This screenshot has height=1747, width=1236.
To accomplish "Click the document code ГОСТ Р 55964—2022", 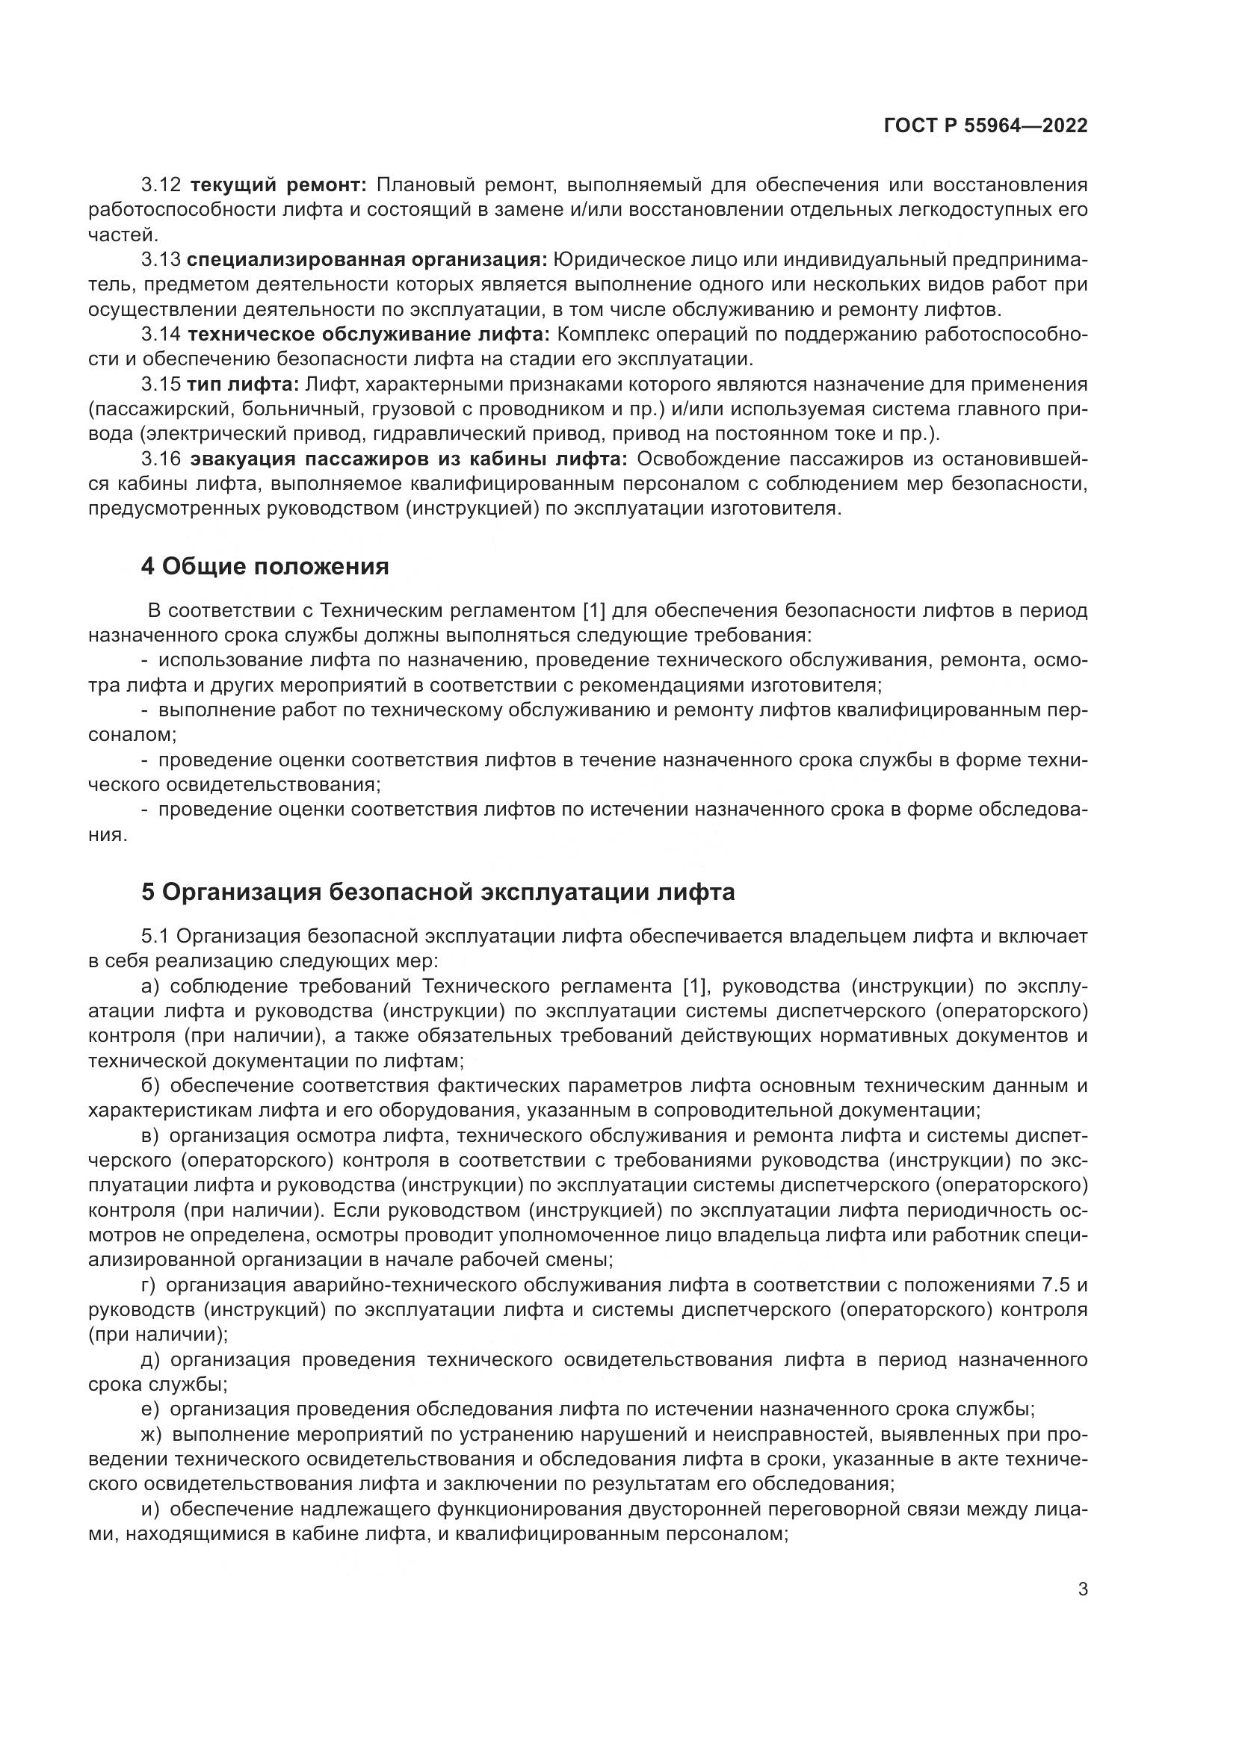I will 985,125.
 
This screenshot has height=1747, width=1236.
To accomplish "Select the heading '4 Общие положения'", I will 265,566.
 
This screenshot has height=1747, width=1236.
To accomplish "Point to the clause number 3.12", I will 161,185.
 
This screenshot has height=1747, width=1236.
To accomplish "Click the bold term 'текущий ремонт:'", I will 279,185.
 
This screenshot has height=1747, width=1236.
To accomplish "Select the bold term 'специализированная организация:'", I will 367,259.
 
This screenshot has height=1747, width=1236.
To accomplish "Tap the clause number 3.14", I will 161,334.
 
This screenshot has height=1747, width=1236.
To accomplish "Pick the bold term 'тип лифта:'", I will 244,384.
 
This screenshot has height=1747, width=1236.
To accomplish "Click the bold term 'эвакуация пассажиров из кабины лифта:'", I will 409,459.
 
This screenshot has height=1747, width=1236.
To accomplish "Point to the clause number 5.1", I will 155,936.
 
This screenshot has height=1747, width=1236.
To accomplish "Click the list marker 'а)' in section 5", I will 150,987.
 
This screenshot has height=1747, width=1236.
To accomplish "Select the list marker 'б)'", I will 150,1086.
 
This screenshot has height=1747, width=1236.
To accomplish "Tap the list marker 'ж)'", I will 152,1434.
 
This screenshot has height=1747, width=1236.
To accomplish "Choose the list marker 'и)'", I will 150,1509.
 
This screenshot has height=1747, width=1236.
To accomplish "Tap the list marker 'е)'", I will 150,1409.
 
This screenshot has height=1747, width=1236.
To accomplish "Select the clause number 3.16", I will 161,459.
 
